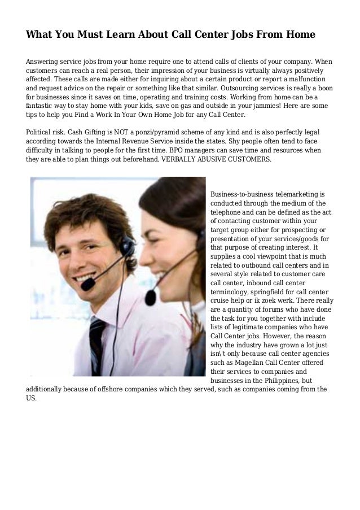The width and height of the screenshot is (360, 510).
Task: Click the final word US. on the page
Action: click(32, 398)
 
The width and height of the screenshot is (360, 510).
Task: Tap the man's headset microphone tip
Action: click(87, 285)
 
